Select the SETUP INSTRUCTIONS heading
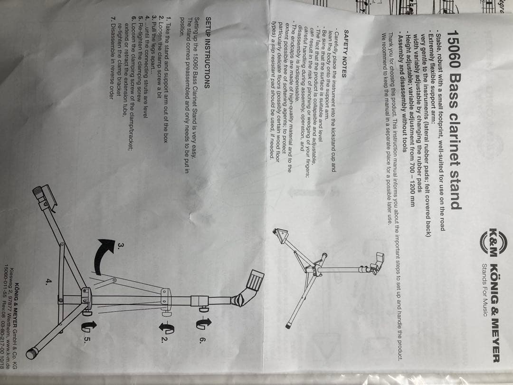[207, 53]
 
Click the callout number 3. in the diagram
[121, 246]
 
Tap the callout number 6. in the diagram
[202, 340]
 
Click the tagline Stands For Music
[485, 290]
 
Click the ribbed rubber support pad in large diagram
[255, 280]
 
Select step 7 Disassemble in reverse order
[113, 60]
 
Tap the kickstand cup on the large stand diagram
[45, 196]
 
